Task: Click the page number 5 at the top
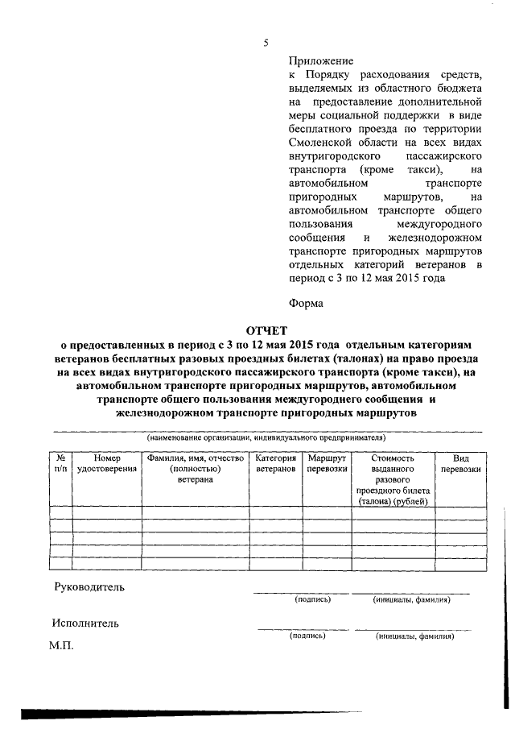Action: click(265, 43)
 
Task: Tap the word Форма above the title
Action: click(306, 304)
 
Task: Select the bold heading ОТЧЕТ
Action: click(266, 330)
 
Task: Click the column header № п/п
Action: click(60, 463)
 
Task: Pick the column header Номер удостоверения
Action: click(106, 463)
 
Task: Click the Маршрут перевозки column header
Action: click(327, 463)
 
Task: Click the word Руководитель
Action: click(89, 587)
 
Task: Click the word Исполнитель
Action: click(85, 623)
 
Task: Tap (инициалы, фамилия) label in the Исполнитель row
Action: click(414, 636)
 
